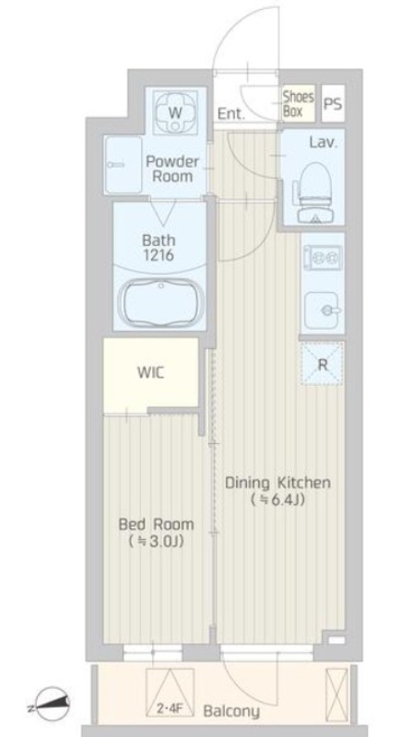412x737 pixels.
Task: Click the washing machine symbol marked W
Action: coord(175,112)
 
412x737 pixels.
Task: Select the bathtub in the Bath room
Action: coord(161,302)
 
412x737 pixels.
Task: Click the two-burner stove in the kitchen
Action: coord(323,258)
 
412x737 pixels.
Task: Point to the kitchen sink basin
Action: coord(323,310)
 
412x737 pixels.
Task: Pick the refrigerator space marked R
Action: coord(323,364)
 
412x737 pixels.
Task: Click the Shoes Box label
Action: coord(299,104)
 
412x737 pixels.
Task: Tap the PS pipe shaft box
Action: coord(333,104)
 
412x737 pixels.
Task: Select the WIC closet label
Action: coord(150,373)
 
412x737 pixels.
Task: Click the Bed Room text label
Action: coord(156,523)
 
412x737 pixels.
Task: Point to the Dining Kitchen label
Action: coord(277,483)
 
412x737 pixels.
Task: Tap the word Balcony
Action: coord(231,711)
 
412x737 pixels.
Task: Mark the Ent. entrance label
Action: coord(231,113)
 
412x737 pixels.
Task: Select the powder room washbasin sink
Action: coord(124,165)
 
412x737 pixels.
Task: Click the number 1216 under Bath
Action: coord(159,255)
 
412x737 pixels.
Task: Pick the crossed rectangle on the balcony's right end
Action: coord(336,689)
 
